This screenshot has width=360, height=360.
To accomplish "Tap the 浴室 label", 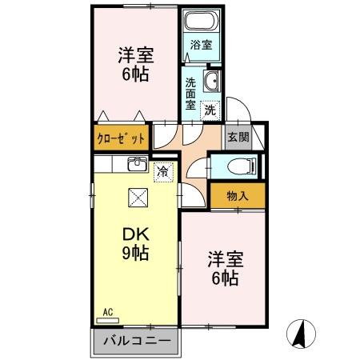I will coord(202,46).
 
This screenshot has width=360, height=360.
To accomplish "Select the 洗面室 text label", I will coord(190,92).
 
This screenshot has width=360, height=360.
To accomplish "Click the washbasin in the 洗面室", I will coord(213,81).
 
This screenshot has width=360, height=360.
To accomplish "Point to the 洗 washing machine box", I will coord(210,109).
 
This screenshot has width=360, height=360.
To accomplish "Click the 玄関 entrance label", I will coord(238,137).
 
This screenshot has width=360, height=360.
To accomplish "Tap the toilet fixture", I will coord(237,166).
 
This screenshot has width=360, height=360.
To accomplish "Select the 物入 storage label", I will coord(238,196).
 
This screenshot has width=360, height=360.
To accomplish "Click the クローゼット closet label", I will coord(122,138).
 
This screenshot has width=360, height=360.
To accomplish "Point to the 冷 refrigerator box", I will coord(163,170).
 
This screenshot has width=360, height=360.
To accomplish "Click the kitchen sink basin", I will coord(136,166).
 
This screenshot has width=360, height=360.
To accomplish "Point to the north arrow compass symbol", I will coord(303,334).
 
